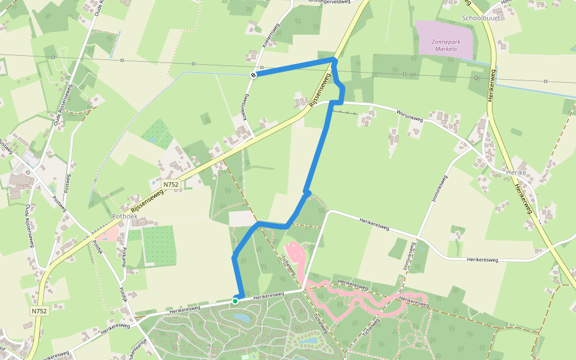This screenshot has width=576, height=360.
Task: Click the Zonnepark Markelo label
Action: click(443, 45)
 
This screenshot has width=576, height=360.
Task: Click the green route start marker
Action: click(236, 301)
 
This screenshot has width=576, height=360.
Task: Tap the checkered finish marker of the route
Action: click(254, 75)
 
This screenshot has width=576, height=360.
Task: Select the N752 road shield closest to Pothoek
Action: click(170, 184)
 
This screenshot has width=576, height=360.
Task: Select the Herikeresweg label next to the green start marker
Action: click(268, 296)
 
